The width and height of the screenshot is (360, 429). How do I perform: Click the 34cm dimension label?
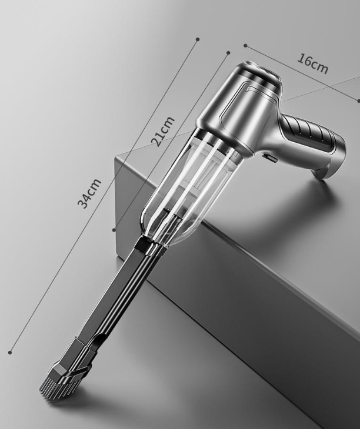(89, 193)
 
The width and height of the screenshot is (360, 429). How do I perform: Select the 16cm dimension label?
(312, 63)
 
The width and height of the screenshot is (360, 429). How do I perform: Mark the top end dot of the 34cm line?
(198, 39)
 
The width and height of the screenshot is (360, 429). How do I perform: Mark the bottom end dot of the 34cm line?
(10, 353)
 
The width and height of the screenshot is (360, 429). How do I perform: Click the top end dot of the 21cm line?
(228, 53)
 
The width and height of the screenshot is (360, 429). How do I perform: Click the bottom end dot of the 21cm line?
(114, 230)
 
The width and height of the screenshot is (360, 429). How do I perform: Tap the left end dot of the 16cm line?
(245, 45)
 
